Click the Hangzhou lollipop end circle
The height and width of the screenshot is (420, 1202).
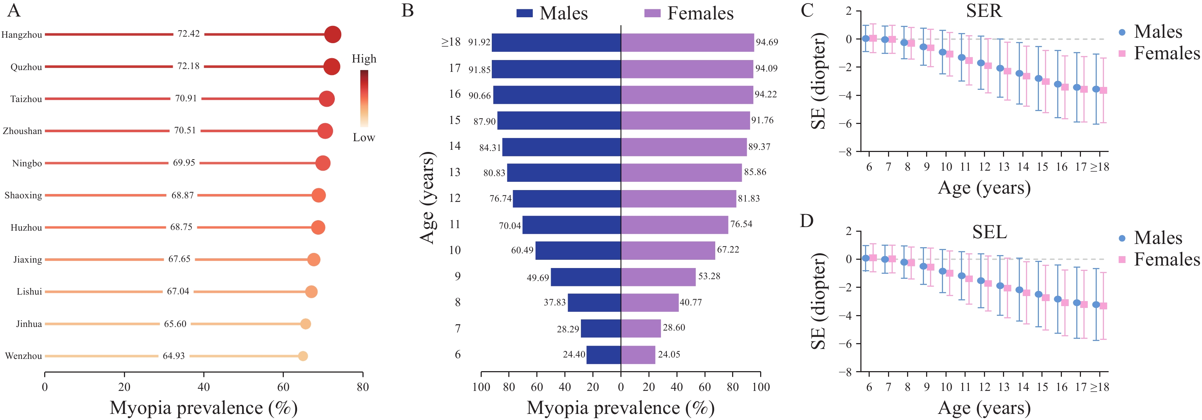(x=333, y=34)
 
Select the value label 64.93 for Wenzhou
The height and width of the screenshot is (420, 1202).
(x=174, y=356)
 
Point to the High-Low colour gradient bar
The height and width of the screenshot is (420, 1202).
(x=364, y=98)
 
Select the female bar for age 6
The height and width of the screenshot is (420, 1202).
(x=638, y=355)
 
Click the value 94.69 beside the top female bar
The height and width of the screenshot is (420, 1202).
(x=767, y=42)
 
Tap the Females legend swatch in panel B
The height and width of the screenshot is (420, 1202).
(x=652, y=13)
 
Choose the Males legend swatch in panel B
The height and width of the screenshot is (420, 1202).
(x=524, y=13)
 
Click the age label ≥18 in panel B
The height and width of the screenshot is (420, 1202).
(x=451, y=42)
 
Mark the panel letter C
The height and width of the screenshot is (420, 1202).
(x=807, y=10)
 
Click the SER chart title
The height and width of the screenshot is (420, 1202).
(x=984, y=10)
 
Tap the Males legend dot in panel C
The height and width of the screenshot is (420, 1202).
(x=1122, y=32)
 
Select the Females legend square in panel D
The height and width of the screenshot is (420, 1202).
(x=1122, y=259)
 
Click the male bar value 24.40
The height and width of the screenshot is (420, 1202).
(x=573, y=355)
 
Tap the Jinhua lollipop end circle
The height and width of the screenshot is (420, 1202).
(x=306, y=324)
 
